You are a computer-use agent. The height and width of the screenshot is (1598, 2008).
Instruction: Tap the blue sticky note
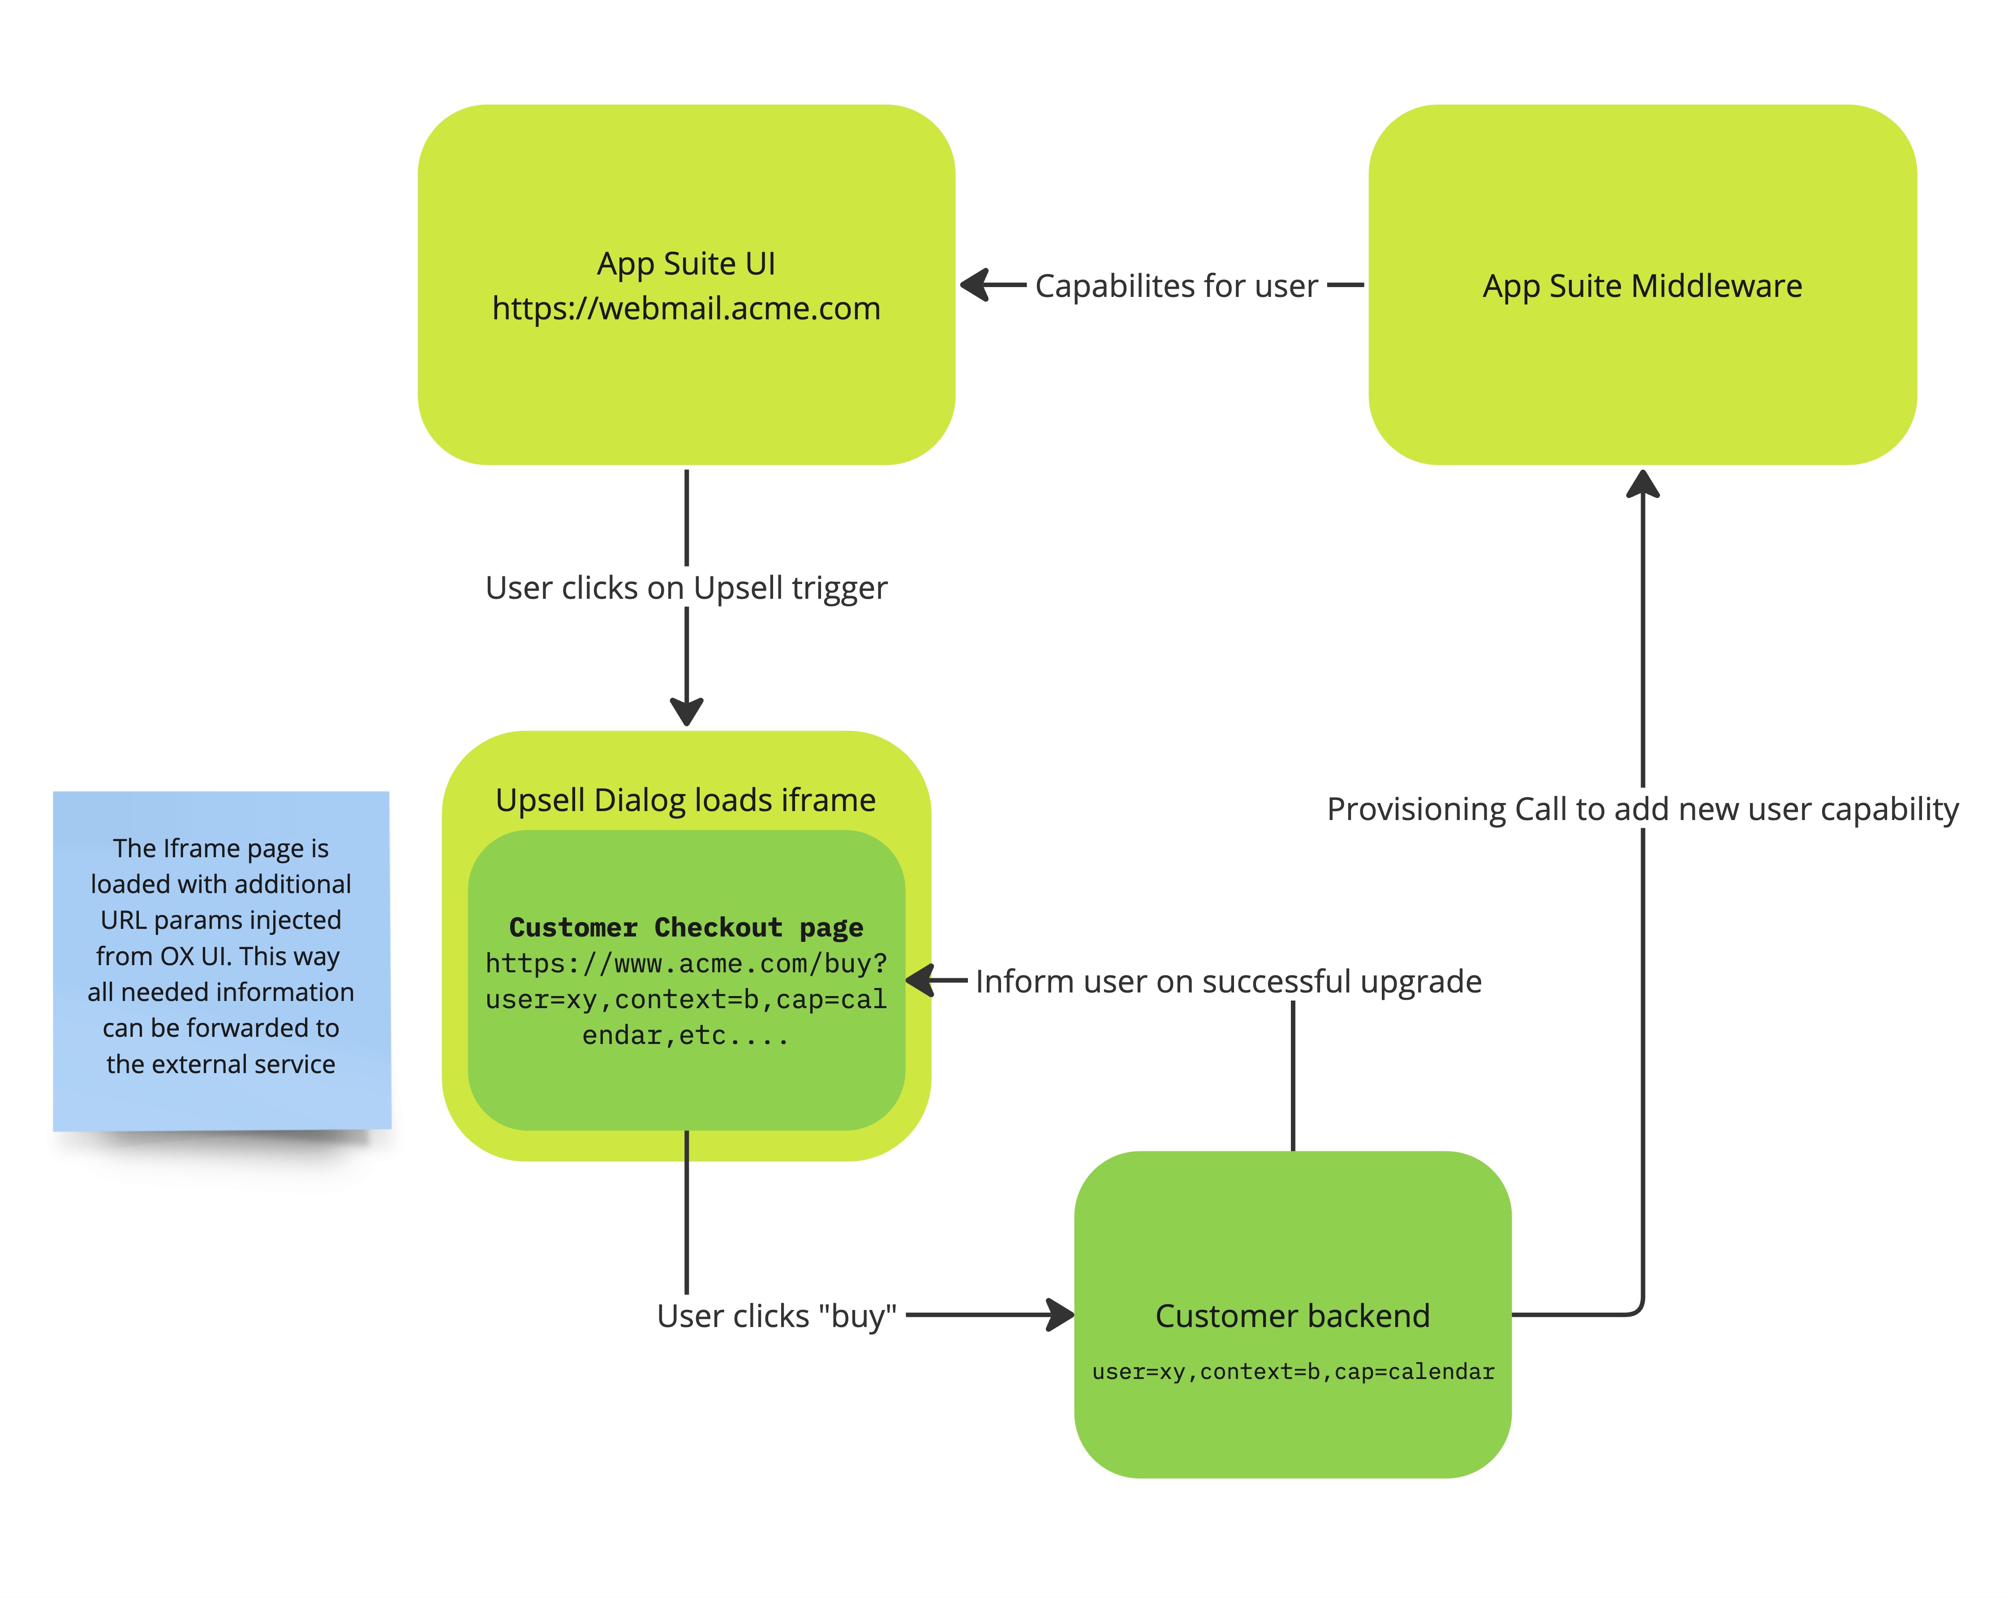point(222,959)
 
